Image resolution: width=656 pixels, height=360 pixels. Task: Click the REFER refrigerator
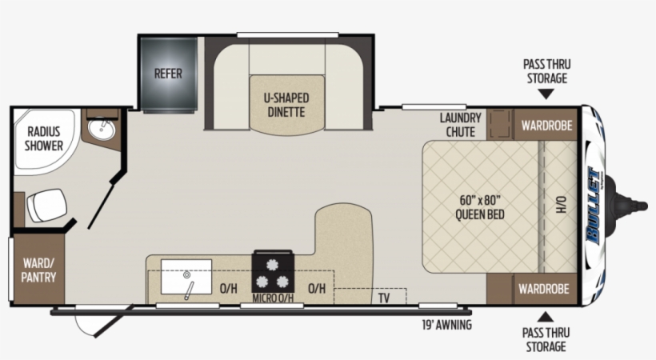tap(169, 74)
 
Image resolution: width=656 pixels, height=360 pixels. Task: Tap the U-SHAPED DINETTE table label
tap(286, 105)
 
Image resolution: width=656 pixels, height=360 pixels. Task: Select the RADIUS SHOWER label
tap(43, 138)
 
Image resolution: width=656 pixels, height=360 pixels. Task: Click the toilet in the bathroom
tap(47, 205)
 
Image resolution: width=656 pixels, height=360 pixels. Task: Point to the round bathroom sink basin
tap(102, 130)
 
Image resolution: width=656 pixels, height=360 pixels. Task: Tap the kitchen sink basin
tap(186, 277)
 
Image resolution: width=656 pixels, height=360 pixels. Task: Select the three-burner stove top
tap(273, 271)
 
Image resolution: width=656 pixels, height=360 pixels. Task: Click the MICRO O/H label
tap(273, 298)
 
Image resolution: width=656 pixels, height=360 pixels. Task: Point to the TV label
tap(384, 298)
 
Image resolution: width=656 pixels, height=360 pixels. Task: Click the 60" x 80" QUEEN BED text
tap(480, 207)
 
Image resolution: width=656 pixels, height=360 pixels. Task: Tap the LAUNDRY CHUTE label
tap(460, 125)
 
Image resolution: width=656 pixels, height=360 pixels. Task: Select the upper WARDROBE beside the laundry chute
tap(546, 124)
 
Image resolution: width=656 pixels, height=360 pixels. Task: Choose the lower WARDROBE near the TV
tap(543, 289)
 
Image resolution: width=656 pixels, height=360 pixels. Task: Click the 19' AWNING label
tap(447, 325)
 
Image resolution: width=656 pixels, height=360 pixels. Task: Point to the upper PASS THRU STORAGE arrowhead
tap(546, 94)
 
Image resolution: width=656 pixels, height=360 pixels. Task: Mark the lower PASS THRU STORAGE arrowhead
tap(545, 317)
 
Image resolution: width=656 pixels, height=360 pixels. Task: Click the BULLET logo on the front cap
tap(594, 205)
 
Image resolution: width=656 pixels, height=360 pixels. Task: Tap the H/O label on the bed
tap(561, 204)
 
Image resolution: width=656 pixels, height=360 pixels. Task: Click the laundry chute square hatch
tap(500, 124)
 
